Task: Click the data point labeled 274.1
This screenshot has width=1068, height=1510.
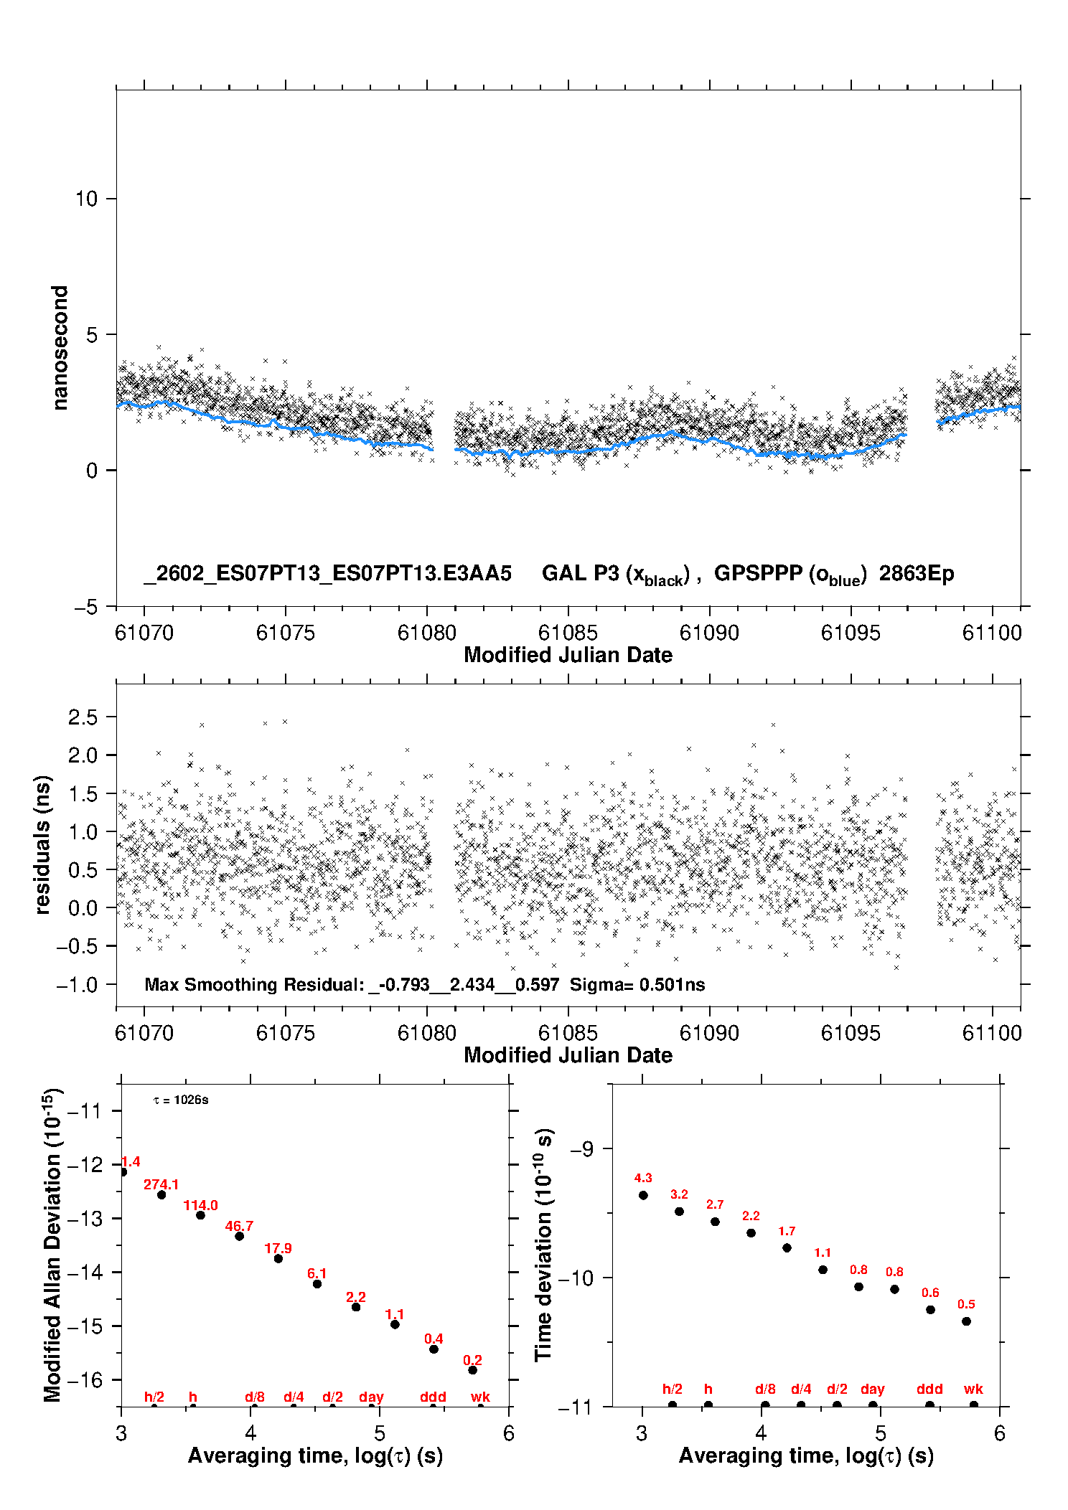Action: pyautogui.click(x=161, y=1195)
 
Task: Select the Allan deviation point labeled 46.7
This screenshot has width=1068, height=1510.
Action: pyautogui.click(x=240, y=1236)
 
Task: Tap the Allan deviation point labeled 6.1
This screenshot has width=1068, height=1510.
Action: pyautogui.click(x=317, y=1284)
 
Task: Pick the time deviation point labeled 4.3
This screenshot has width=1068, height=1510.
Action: pyautogui.click(x=643, y=1195)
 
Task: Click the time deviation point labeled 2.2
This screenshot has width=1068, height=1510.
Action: pyautogui.click(x=751, y=1233)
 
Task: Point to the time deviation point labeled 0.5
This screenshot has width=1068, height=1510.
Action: pyautogui.click(x=966, y=1321)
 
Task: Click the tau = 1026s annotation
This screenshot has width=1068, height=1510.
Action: pyautogui.click(x=181, y=1100)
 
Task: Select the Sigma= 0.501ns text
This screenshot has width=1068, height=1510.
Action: pyautogui.click(x=637, y=985)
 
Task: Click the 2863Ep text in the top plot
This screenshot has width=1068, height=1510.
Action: pyautogui.click(x=917, y=574)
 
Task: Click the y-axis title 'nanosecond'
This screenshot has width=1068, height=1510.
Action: pyautogui.click(x=60, y=348)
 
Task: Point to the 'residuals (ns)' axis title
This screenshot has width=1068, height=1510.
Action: pyautogui.click(x=43, y=844)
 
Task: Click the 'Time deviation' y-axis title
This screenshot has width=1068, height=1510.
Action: pyautogui.click(x=544, y=1245)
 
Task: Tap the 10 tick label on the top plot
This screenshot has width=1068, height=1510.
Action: pyautogui.click(x=87, y=199)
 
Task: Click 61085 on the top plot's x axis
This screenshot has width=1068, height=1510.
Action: pyautogui.click(x=568, y=633)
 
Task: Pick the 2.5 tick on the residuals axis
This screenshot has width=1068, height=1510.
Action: pyautogui.click(x=83, y=717)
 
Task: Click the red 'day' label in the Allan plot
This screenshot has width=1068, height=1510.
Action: pyautogui.click(x=371, y=1397)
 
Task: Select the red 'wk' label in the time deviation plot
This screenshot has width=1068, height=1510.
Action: pyautogui.click(x=973, y=1389)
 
